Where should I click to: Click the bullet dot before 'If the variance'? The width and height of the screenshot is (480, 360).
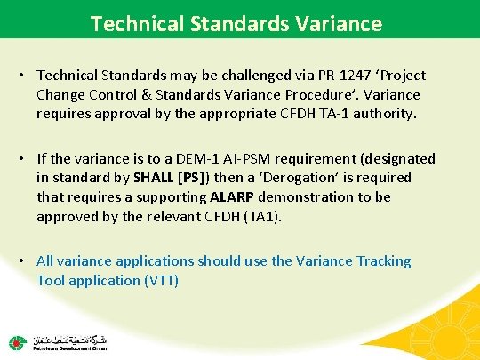pyautogui.click(x=25, y=159)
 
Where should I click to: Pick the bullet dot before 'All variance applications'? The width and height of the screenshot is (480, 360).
pyautogui.click(x=25, y=261)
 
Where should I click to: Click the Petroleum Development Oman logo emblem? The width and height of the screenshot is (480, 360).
pyautogui.click(x=17, y=342)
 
